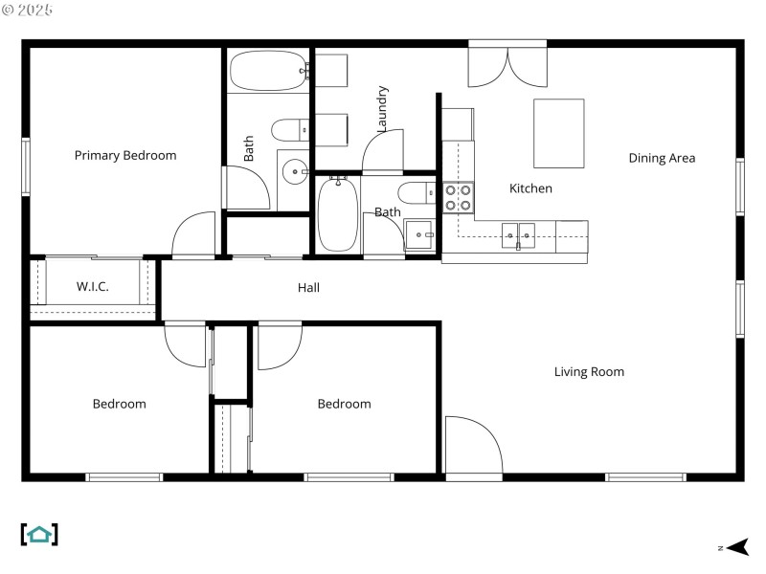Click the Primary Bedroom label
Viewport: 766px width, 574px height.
coord(125,155)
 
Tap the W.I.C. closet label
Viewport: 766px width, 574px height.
coord(92,287)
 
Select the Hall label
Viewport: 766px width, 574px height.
coord(308,287)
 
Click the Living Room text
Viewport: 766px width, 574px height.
coord(589,371)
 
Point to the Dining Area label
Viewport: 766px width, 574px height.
coord(661,158)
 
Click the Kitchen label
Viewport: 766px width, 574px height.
coord(530,188)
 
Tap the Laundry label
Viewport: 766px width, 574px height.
coord(382,108)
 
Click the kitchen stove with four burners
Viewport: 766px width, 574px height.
coord(459,198)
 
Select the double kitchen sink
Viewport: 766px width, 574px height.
coord(519,232)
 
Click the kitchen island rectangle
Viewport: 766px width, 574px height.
coord(558,133)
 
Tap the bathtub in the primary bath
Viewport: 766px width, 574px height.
coord(269,71)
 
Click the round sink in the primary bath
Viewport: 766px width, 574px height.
coord(295,173)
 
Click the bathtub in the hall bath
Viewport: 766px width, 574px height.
coord(338,214)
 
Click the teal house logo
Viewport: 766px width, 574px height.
coord(39,534)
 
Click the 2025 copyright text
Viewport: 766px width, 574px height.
coord(29,10)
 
